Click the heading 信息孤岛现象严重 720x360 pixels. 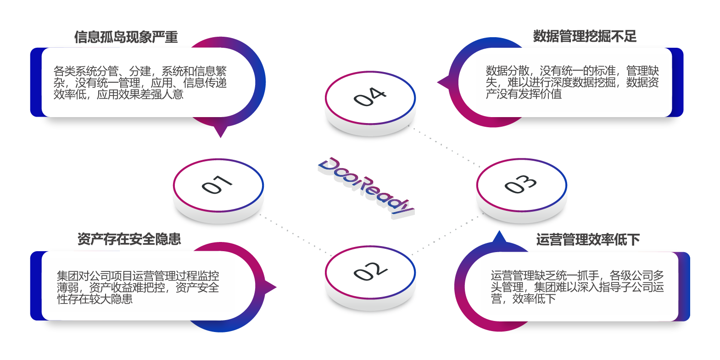pos(126,37)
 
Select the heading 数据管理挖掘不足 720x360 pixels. pos(585,36)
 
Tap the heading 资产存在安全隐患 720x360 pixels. pos(129,239)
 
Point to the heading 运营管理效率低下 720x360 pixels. pos(588,240)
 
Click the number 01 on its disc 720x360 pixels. pos(217,185)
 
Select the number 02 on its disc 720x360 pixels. pos(370,271)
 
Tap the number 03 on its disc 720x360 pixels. pos(520,185)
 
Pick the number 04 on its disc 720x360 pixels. pos(370,97)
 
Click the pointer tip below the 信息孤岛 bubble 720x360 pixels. pos(221,135)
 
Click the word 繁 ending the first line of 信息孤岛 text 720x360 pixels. pos(221,71)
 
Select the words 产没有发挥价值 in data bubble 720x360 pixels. pos(524,94)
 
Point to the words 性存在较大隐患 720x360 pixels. pos(95,299)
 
